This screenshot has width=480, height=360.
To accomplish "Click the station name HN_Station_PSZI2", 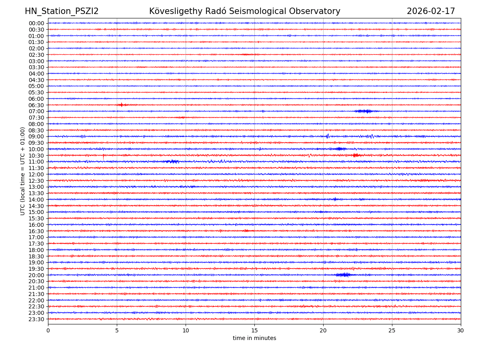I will (x=62, y=11).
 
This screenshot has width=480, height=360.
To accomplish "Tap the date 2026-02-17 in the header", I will (x=431, y=11).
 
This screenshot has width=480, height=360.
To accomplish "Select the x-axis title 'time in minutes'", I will (x=254, y=338).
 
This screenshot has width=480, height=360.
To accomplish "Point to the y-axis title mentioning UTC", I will (x=23, y=171).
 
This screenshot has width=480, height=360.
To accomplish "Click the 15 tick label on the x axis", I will (x=254, y=331).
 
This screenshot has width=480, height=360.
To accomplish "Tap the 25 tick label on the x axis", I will (x=392, y=331).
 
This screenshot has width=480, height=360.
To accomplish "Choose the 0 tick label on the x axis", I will (x=48, y=331).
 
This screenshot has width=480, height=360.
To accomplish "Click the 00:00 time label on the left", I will (x=36, y=23).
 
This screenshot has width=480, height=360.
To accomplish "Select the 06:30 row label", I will (x=36, y=105).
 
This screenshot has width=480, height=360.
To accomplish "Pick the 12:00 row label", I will (x=36, y=174).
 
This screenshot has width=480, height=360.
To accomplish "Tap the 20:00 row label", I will (x=36, y=275).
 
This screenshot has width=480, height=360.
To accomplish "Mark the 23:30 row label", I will (x=36, y=319).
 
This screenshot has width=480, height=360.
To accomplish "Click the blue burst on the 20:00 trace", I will (x=343, y=274).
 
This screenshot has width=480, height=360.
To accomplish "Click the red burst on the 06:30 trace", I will (x=122, y=105).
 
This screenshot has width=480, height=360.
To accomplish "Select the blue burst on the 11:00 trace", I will (x=172, y=162).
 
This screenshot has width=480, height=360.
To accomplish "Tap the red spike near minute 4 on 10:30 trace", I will (x=103, y=156).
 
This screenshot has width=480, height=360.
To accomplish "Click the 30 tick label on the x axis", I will (x=461, y=331).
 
